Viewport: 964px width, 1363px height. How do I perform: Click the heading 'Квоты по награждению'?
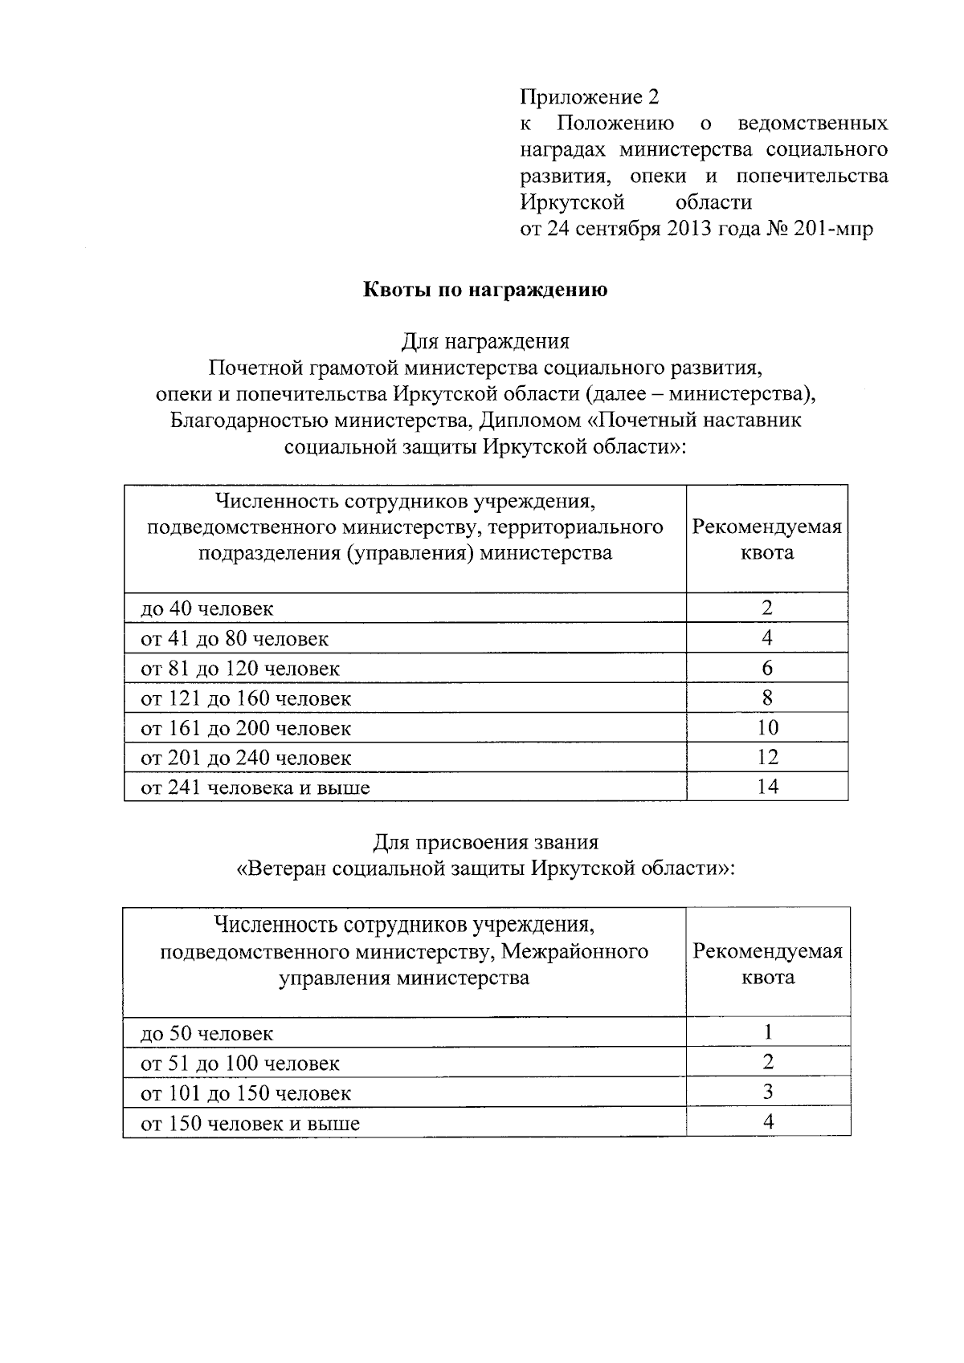(486, 290)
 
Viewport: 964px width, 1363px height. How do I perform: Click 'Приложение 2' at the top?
(590, 98)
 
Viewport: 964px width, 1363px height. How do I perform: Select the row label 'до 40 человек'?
(207, 608)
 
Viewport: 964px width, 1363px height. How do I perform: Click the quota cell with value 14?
(767, 787)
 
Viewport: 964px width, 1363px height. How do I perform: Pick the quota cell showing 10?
(767, 727)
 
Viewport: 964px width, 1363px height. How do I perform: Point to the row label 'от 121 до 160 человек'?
(246, 698)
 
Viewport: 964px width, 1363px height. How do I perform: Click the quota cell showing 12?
(767, 757)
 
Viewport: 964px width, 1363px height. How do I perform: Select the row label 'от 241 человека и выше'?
(255, 787)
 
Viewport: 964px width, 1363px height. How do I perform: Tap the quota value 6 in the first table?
(767, 668)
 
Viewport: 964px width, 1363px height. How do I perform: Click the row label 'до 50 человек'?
(207, 1033)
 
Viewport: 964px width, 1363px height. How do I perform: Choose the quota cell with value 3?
(768, 1092)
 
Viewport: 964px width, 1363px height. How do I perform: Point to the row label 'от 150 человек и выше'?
(250, 1123)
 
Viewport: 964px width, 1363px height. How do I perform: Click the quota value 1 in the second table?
(768, 1031)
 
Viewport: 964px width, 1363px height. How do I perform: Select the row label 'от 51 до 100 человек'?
(240, 1064)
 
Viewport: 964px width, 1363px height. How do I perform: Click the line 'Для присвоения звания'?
(486, 842)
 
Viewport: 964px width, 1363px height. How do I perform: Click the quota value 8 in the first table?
(767, 698)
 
